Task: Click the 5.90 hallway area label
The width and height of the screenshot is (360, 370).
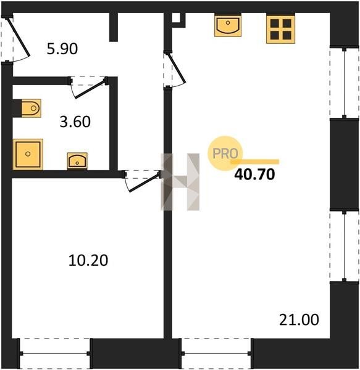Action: click(62, 49)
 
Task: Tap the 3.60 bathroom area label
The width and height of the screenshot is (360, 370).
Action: click(75, 121)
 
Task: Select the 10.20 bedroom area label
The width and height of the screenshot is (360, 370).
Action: click(88, 260)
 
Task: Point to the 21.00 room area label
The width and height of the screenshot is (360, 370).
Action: click(299, 319)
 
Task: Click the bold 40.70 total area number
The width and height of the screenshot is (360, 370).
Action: click(254, 175)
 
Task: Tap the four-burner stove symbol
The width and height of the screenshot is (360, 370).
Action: click(280, 29)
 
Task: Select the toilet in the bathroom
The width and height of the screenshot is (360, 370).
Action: click(31, 109)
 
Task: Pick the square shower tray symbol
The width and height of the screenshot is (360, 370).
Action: click(28, 154)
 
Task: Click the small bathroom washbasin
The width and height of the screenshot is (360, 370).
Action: click(77, 160)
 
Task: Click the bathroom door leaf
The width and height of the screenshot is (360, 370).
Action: click(90, 89)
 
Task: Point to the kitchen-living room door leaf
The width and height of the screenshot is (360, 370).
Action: click(177, 68)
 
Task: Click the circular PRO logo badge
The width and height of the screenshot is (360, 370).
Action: click(225, 154)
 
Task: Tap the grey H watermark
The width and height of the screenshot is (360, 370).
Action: click(180, 182)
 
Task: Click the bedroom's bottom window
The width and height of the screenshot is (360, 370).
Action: click(54, 353)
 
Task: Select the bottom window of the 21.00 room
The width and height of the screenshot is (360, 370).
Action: click(216, 353)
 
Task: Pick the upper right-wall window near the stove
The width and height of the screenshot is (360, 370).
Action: click(345, 83)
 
